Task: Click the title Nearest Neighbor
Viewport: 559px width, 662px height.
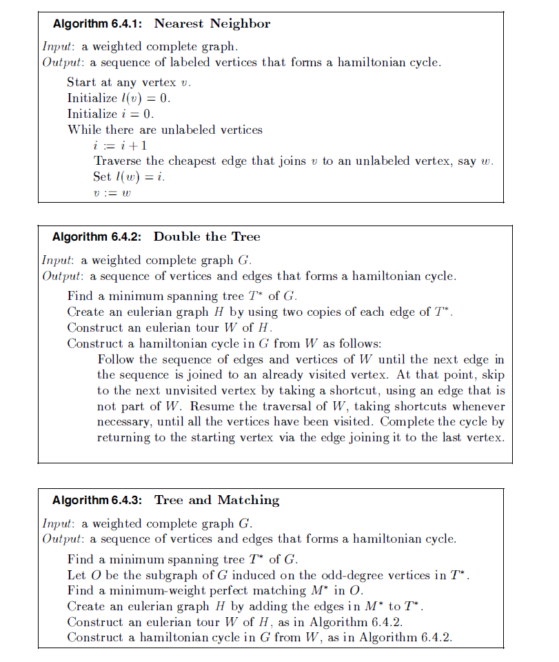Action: point(212,24)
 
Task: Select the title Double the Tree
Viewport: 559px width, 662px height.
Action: point(207,237)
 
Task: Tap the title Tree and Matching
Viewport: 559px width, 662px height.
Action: point(216,500)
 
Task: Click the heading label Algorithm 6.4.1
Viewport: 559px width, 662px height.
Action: point(96,24)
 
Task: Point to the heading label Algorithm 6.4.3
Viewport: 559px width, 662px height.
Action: point(96,500)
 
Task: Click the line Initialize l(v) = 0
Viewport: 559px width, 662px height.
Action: point(119,98)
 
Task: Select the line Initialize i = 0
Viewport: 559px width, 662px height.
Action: point(111,114)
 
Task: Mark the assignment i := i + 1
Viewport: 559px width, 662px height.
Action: point(120,146)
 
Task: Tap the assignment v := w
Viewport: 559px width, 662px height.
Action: point(112,192)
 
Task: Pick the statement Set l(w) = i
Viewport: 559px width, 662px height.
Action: point(130,177)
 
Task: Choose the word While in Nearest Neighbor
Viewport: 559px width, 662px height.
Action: point(83,130)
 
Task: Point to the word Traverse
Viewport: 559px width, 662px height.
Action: point(118,161)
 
